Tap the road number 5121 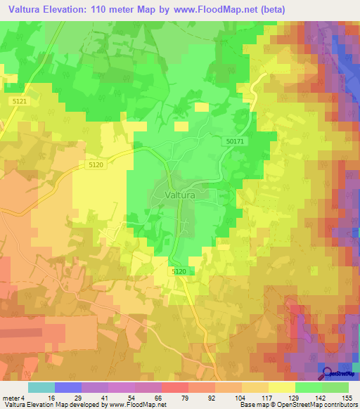tap(20, 102)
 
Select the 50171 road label tap(236, 142)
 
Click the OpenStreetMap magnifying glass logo tap(326, 373)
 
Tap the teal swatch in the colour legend tap(41, 387)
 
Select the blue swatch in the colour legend tap(68, 387)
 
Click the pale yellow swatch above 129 tap(282, 387)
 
